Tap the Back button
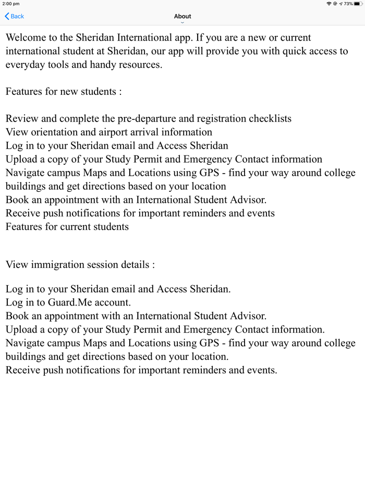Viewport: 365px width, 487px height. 15,16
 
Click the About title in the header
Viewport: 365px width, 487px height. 182,16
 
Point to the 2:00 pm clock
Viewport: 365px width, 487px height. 11,4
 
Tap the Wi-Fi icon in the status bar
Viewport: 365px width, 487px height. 329,4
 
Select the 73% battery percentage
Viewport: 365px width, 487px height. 348,4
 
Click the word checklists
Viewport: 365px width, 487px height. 267,118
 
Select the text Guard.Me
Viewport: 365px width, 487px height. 72,302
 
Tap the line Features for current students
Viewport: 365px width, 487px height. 67,227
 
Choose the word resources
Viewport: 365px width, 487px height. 140,65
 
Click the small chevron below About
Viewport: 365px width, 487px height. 182,22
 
